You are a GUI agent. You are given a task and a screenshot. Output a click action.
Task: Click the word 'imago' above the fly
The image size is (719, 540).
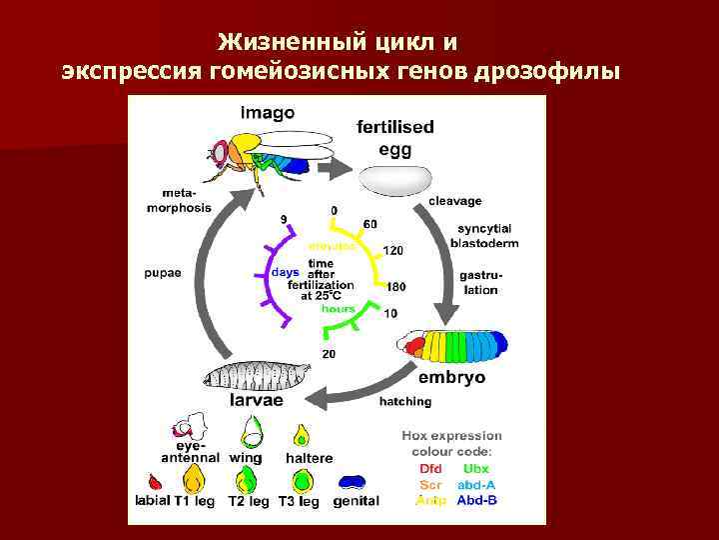pos(267,112)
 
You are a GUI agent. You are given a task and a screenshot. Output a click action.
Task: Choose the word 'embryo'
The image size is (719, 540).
pos(451,378)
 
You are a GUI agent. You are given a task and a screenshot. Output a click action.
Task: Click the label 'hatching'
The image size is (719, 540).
pos(405,401)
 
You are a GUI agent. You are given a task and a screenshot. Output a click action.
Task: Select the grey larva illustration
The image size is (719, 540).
pos(251,376)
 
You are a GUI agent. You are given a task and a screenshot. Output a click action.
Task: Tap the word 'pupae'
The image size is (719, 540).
pos(162,273)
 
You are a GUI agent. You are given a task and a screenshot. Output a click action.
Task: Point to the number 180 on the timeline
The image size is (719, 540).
pos(396,287)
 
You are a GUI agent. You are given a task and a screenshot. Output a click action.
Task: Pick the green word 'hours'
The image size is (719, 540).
pos(339,309)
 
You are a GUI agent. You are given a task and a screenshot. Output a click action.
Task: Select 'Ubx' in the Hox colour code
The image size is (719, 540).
pos(476,468)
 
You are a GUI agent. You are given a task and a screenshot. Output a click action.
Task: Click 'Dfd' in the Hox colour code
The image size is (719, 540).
pos(430,468)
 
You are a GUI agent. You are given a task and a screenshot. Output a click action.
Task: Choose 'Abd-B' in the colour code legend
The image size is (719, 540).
pos(476,499)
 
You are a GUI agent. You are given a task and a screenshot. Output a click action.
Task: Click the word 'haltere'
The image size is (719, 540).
pos(309,458)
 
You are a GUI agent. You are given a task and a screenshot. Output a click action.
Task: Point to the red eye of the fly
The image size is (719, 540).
pos(217,153)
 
